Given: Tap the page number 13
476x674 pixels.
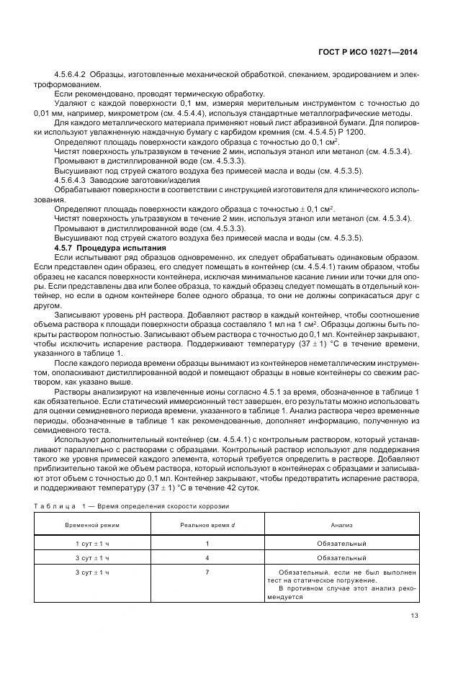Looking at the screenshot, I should pyautogui.click(x=414, y=614).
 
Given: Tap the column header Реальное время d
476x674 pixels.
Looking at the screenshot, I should pyautogui.click(x=207, y=526).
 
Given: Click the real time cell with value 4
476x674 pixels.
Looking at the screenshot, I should pyautogui.click(x=207, y=558).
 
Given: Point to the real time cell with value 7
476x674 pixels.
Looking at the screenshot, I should pyautogui.click(x=207, y=572).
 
